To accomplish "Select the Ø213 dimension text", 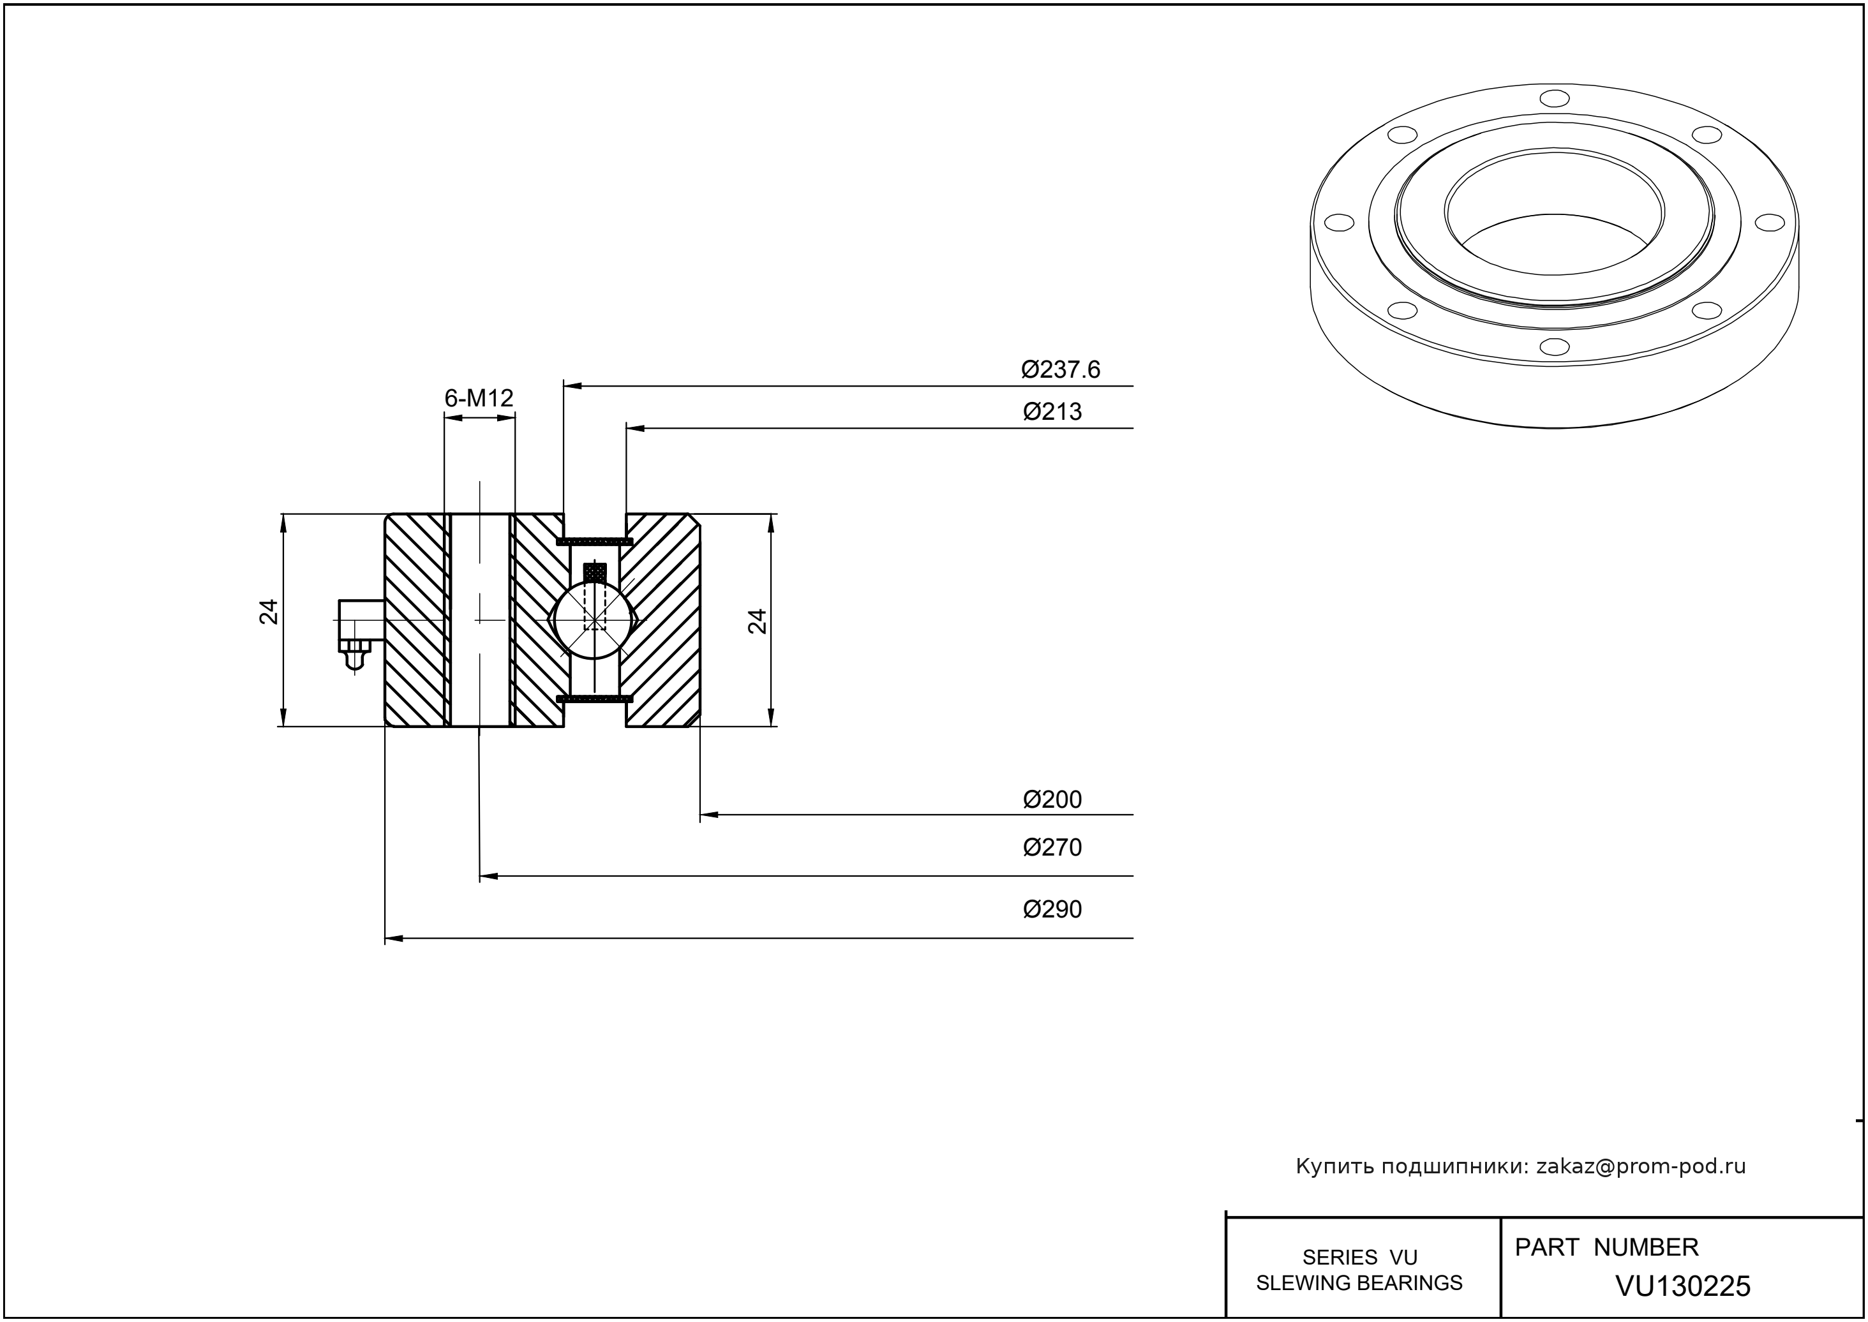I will pyautogui.click(x=1052, y=412).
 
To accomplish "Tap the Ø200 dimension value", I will pyautogui.click(x=1052, y=800).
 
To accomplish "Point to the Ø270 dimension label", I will pyautogui.click(x=1052, y=848).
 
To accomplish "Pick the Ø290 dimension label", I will pyautogui.click(x=1052, y=909).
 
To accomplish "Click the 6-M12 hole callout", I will pyautogui.click(x=479, y=399).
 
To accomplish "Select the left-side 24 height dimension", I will pyautogui.click(x=269, y=612).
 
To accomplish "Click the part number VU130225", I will pyautogui.click(x=1682, y=1287).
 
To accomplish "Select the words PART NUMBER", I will pyautogui.click(x=1606, y=1248).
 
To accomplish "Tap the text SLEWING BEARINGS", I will pyautogui.click(x=1359, y=1284).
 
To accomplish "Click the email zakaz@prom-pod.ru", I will pyautogui.click(x=1640, y=1166).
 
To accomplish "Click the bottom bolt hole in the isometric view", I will pyautogui.click(x=1555, y=347).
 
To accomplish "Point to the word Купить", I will pyautogui.click(x=1327, y=1166).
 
